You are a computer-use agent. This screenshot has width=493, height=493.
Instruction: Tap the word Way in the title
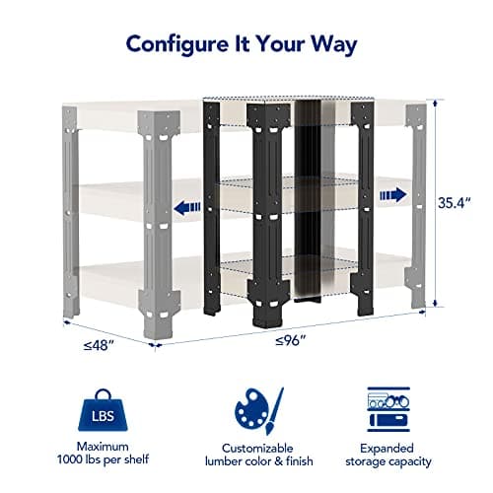333,46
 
